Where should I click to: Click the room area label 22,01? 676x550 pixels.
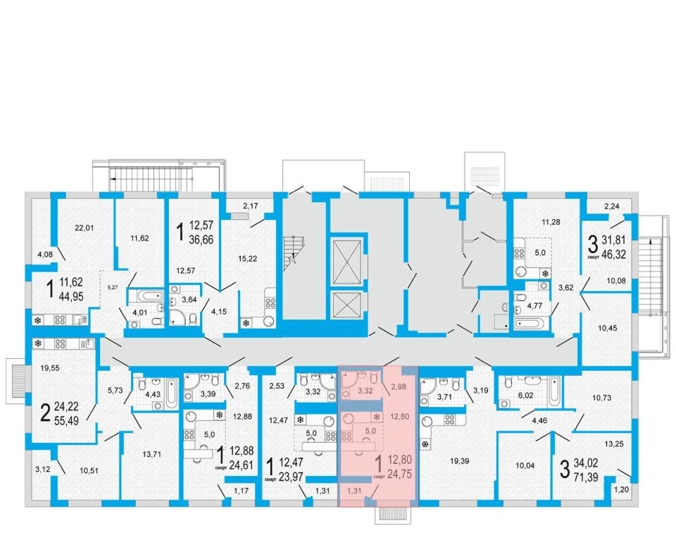pyautogui.click(x=84, y=228)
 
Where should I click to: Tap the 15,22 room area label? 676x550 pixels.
pyautogui.click(x=247, y=259)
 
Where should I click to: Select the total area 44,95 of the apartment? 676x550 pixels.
pyautogui.click(x=72, y=297)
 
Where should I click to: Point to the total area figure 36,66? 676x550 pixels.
pyautogui.click(x=201, y=240)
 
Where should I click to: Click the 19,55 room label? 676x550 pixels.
pyautogui.click(x=50, y=368)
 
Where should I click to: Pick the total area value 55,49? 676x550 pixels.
pyautogui.click(x=66, y=420)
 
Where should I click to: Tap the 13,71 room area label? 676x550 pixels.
pyautogui.click(x=151, y=454)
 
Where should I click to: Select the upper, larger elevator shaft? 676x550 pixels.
pyautogui.click(x=346, y=261)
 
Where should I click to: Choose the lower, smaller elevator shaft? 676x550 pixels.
pyautogui.click(x=346, y=305)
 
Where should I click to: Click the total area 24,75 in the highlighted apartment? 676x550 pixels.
pyautogui.click(x=400, y=474)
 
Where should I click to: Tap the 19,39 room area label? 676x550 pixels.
pyautogui.click(x=459, y=461)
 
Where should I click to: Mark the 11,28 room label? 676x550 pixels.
pyautogui.click(x=551, y=222)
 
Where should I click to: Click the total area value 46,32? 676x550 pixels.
pyautogui.click(x=613, y=253)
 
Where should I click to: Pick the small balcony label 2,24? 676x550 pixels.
pyautogui.click(x=612, y=207)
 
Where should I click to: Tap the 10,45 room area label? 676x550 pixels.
pyautogui.click(x=608, y=328)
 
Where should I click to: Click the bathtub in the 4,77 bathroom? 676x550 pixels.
pyautogui.click(x=530, y=324)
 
